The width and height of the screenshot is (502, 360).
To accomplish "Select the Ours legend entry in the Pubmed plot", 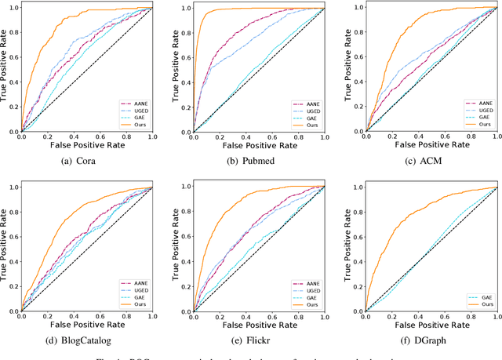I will [307, 125].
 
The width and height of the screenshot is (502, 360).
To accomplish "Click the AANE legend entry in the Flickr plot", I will [307, 281].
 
